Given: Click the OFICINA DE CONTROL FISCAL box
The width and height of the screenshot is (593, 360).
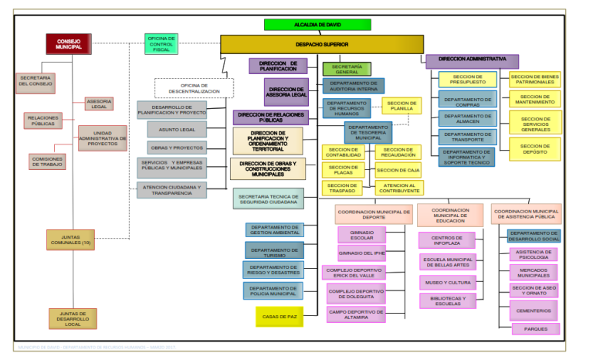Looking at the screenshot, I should (162, 43).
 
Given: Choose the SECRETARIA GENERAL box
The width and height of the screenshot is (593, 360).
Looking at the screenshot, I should (347, 69).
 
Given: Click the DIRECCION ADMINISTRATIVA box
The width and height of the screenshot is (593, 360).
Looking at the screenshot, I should (472, 59).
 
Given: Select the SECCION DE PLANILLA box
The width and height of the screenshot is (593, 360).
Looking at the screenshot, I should (402, 106).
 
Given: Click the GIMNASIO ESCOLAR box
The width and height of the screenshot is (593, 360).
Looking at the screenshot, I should (361, 234).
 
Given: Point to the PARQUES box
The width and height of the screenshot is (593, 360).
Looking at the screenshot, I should (534, 328).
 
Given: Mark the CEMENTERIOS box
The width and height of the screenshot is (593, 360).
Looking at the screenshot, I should (534, 311).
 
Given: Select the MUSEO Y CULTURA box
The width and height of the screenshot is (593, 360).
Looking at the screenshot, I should (447, 282).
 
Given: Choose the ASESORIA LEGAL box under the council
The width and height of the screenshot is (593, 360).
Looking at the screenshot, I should (100, 103).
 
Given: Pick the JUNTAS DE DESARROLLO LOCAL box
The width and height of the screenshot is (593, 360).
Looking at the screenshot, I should (70, 318).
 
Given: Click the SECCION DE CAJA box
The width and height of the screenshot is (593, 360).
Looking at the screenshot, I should (398, 170).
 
